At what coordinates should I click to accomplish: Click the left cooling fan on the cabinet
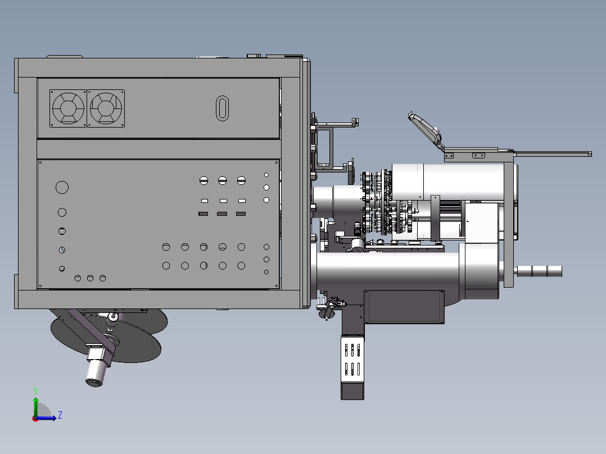[68, 108]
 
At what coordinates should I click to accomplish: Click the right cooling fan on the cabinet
[106, 108]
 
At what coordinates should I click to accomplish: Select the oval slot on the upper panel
[222, 108]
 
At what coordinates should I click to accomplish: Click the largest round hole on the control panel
[62, 188]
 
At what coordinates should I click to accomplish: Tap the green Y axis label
[35, 391]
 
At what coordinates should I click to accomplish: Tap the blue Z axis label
[60, 415]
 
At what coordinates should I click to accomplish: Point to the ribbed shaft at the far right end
[540, 271]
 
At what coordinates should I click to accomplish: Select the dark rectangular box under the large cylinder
[404, 307]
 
